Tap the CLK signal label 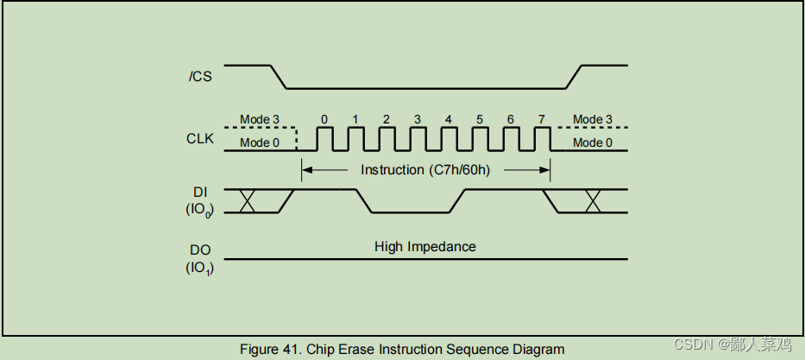(199, 138)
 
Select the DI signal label (199, 192)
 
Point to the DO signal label (199, 249)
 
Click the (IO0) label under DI (199, 210)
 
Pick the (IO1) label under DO (199, 268)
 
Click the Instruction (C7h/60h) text (425, 170)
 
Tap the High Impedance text (425, 247)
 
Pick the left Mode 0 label (259, 142)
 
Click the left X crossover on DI (248, 201)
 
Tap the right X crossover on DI (593, 201)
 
